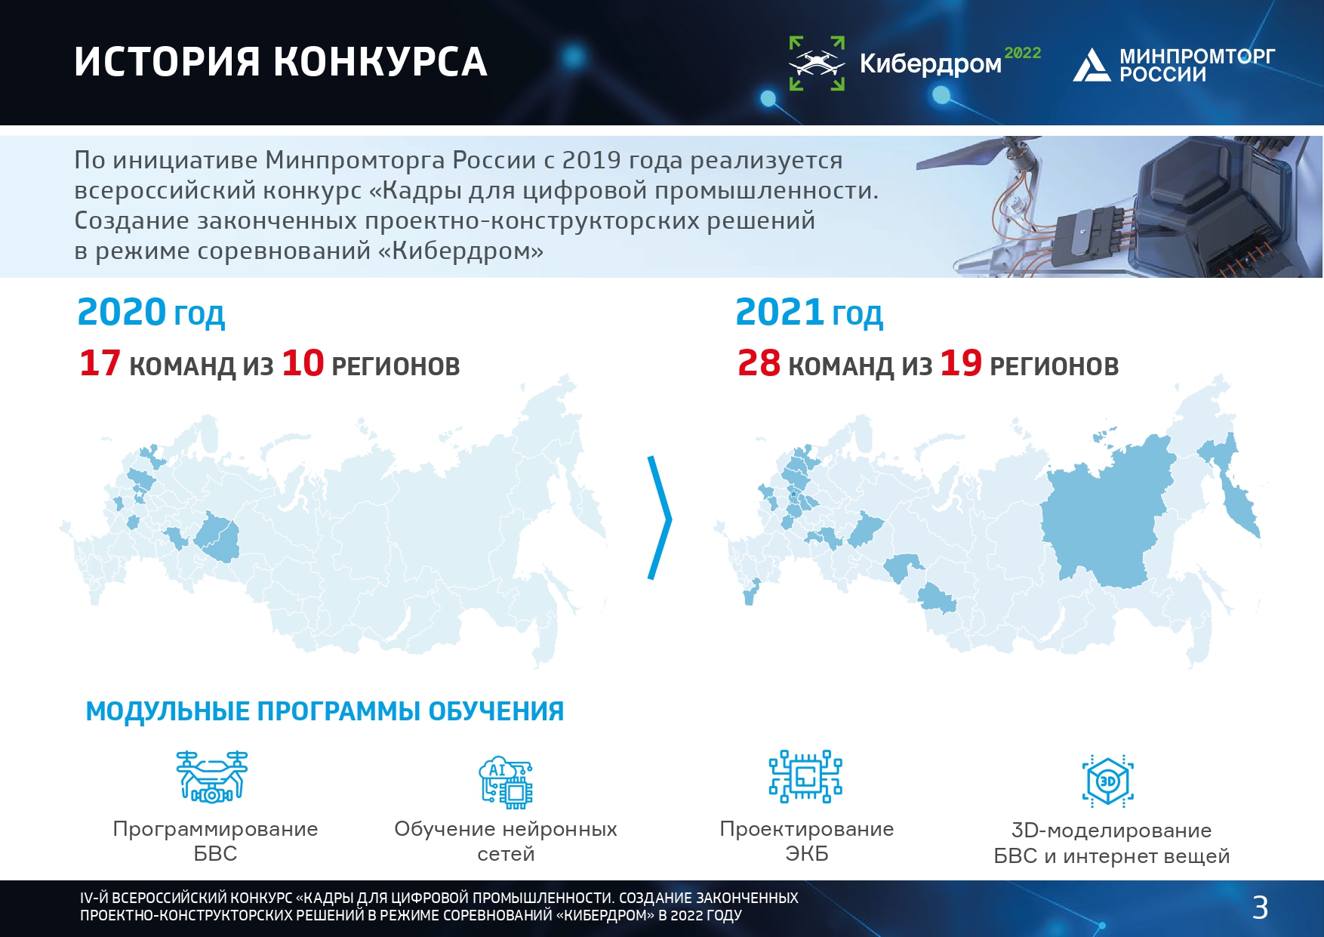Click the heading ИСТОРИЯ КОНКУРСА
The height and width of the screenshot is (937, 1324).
(281, 62)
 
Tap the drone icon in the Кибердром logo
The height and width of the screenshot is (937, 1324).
(817, 63)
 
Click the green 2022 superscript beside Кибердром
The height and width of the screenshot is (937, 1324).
(1023, 53)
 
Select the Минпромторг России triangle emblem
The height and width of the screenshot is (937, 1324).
(1092, 65)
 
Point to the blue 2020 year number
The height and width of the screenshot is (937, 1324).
(122, 313)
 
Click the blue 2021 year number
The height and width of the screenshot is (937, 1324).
(779, 313)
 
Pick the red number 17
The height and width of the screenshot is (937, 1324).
(100, 363)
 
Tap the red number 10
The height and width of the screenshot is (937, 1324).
(303, 363)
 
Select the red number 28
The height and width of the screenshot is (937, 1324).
(759, 363)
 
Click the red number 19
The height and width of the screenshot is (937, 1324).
(961, 363)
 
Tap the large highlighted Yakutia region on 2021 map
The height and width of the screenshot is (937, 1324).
(1102, 513)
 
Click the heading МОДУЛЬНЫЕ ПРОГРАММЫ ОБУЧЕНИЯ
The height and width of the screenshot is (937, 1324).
(325, 711)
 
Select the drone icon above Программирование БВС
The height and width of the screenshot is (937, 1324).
(212, 776)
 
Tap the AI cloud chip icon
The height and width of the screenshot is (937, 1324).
(506, 782)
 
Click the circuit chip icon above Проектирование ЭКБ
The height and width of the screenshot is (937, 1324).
(805, 776)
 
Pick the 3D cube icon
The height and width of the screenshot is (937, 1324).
(1108, 781)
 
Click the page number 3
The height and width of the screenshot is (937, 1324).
(1260, 908)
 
